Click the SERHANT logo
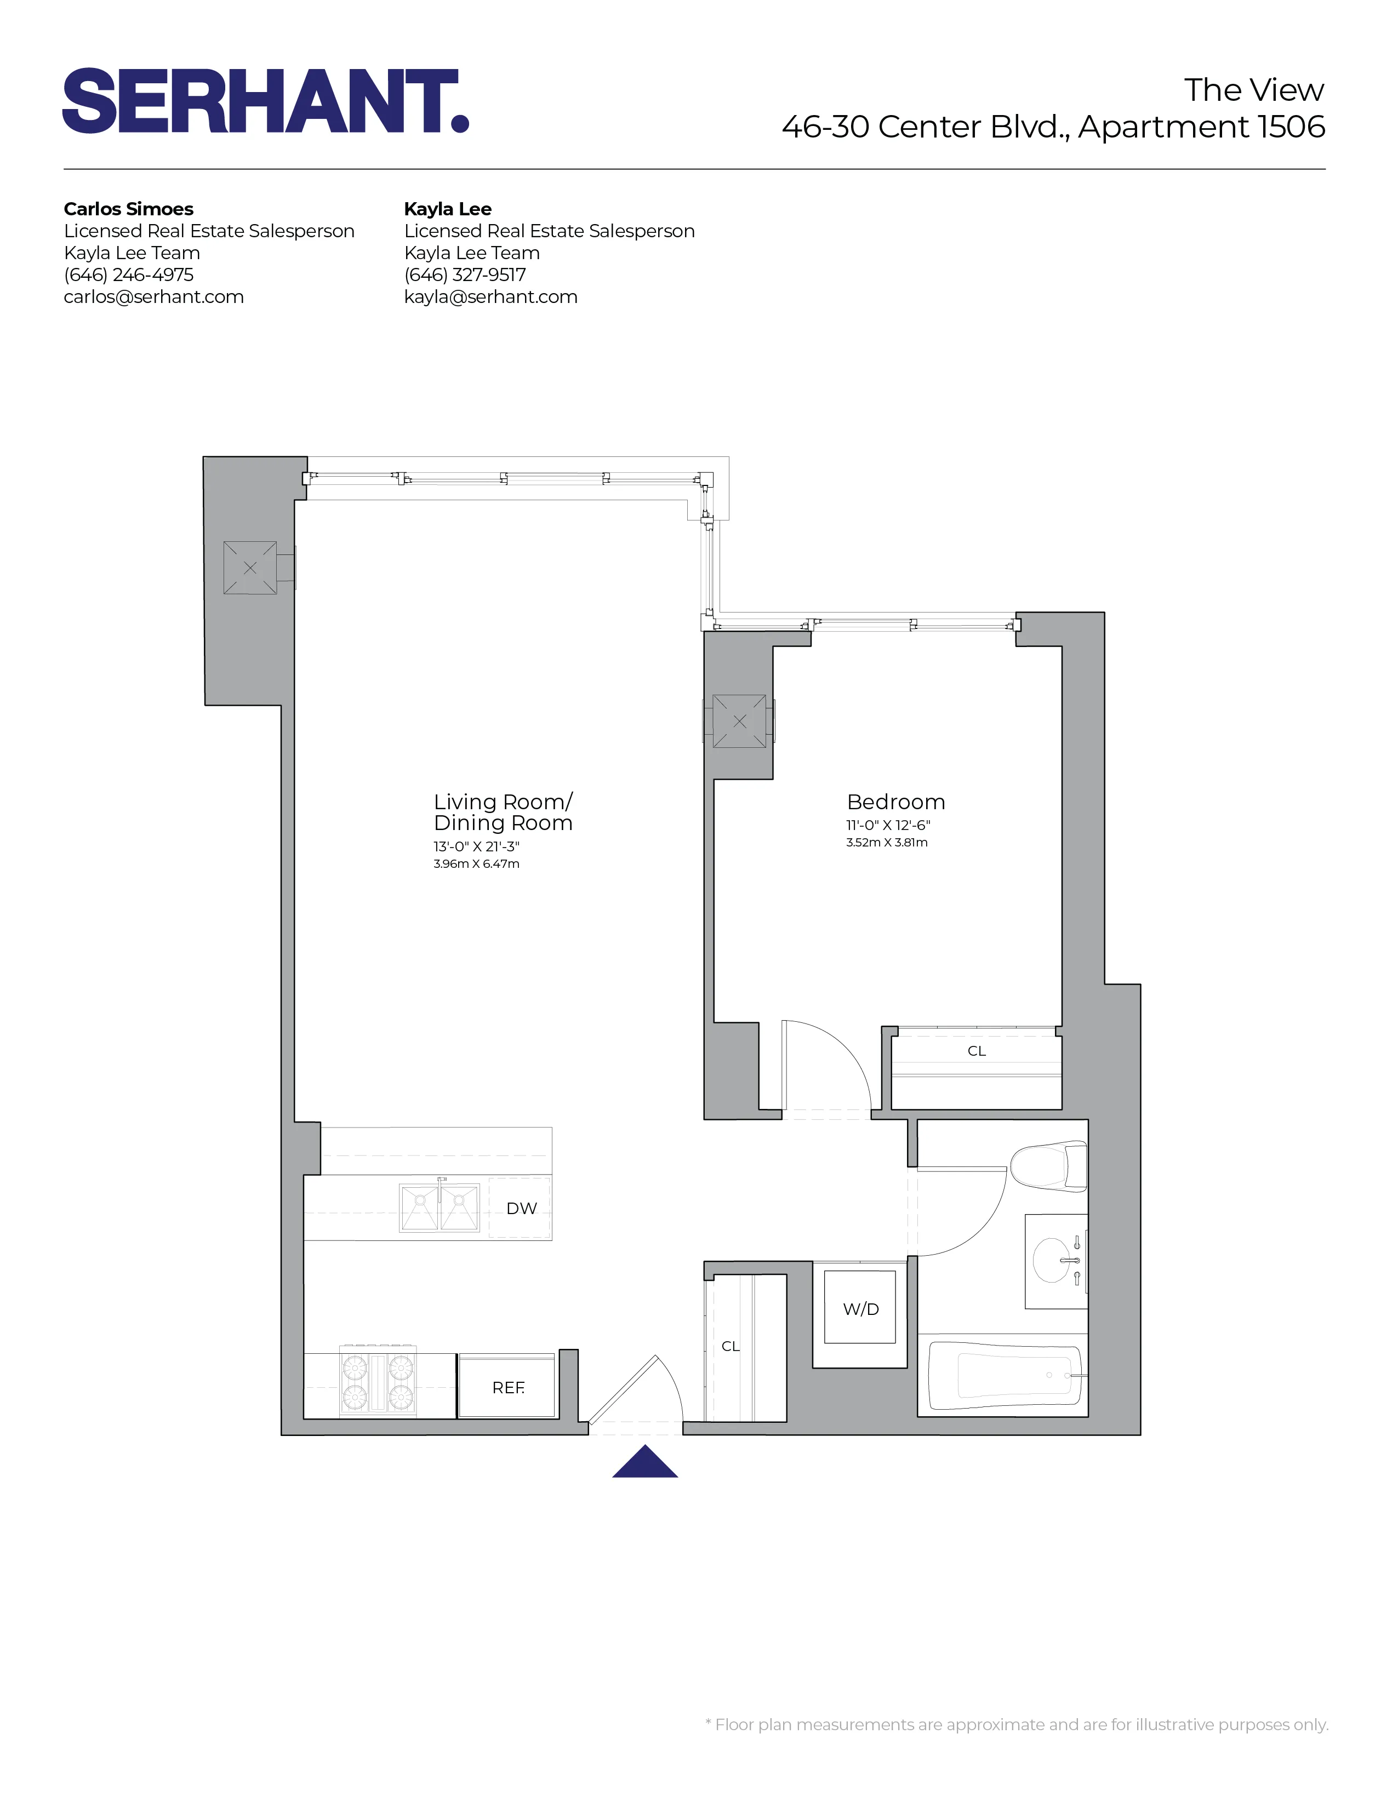[x=266, y=101]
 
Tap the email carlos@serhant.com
[x=153, y=297]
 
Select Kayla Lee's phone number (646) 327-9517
[x=465, y=275]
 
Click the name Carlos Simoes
[x=128, y=209]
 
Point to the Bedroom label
[x=895, y=802]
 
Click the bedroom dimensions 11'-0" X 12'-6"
[x=888, y=825]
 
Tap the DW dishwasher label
[x=521, y=1208]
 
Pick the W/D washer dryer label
[x=860, y=1309]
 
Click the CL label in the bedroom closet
[x=977, y=1050]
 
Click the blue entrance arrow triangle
[x=645, y=1463]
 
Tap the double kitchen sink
[x=440, y=1208]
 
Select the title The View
[x=1253, y=89]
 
